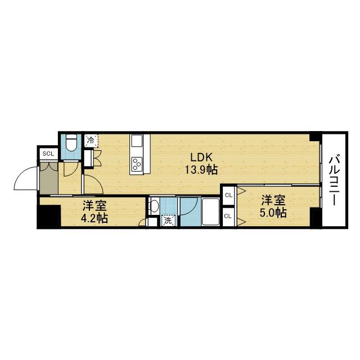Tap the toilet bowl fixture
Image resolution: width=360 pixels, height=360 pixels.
point(71,144)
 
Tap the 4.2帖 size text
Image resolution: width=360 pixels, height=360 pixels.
point(94,218)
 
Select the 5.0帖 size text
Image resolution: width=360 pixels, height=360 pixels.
point(273,213)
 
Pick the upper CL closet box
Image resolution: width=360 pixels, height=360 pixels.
point(228,195)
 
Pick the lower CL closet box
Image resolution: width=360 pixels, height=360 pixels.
point(228,216)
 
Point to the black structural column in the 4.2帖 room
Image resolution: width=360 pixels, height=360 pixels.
point(49,217)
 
